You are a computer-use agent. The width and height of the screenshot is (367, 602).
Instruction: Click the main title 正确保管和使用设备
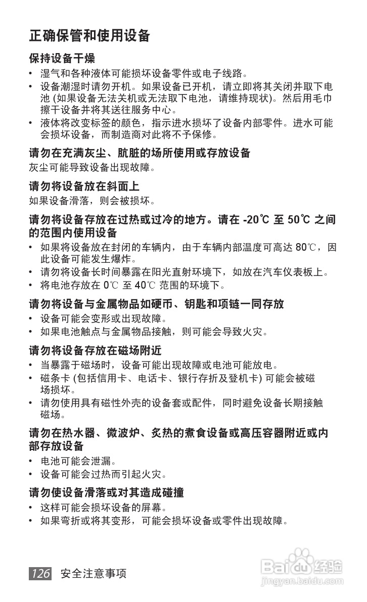point(89,36)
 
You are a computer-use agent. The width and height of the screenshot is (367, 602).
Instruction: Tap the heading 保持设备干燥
point(62,58)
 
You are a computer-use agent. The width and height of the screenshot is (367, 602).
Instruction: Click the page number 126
point(40,573)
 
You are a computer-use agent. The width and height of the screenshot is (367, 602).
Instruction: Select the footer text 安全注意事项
point(93,574)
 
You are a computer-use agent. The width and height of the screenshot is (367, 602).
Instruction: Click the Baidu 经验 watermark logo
point(304,566)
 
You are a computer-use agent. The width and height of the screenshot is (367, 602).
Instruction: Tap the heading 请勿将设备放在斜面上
point(84,186)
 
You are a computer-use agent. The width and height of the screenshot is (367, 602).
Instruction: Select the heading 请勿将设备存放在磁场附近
point(95,350)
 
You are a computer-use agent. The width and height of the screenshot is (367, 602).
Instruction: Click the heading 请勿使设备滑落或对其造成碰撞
point(106,492)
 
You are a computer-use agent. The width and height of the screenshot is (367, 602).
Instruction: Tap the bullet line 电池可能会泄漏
point(78,461)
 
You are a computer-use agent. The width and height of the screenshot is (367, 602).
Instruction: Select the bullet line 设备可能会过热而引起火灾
point(104,474)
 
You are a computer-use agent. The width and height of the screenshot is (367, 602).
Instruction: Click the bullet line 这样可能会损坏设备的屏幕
point(104,507)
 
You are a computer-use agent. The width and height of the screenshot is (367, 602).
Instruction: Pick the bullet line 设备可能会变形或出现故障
point(104,319)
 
